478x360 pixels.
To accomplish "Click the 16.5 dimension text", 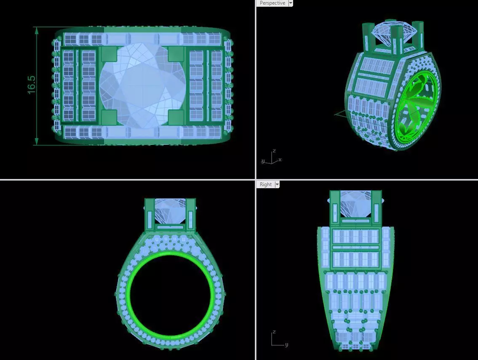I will (x=32, y=85).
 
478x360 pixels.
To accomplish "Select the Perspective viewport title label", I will (x=272, y=3).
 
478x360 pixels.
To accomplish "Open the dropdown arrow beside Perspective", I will (x=291, y=3).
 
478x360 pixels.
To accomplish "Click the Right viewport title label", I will (x=266, y=184).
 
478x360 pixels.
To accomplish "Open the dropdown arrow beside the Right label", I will (x=277, y=184).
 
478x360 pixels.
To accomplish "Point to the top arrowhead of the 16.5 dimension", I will (x=37, y=29).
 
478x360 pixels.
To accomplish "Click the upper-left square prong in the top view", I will (x=109, y=54).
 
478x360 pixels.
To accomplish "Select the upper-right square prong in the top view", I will (x=176, y=54).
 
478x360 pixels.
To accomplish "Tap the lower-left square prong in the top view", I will (x=109, y=117).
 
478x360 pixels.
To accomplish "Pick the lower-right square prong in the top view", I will (x=176, y=117).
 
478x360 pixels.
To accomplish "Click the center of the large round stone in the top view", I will (x=142, y=85).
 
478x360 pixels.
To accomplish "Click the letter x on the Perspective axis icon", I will (x=280, y=160).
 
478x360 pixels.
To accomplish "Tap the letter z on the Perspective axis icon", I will (x=274, y=151).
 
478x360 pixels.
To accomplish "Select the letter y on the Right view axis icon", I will (x=287, y=345).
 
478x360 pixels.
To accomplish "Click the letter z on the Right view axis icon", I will (x=274, y=332).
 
